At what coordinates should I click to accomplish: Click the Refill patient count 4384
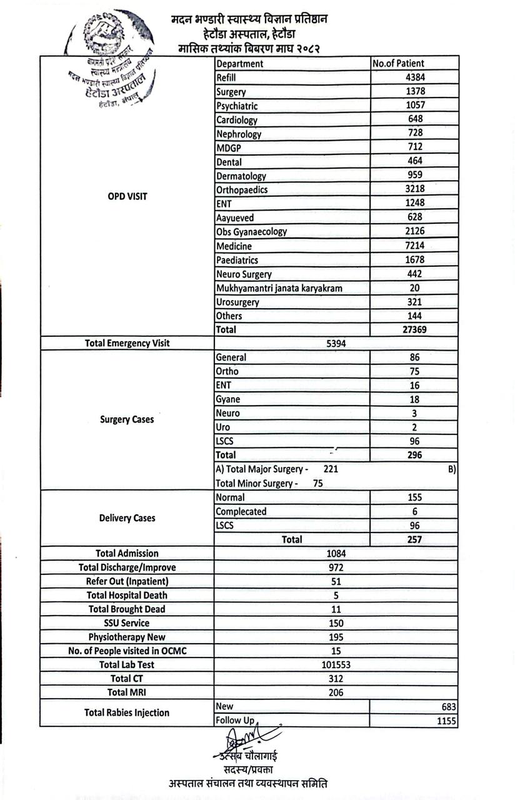coord(415,77)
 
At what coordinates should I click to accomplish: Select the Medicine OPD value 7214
coord(415,246)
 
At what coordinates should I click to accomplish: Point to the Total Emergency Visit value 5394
coord(336,343)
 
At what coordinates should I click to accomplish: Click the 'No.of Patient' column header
coord(398,63)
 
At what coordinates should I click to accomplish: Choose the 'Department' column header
coord(240,63)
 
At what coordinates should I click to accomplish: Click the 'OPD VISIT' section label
coord(127,196)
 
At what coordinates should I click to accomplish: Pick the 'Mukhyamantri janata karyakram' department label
coord(279,288)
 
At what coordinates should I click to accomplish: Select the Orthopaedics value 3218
coord(415,189)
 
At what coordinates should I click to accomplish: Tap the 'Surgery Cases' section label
coord(127,419)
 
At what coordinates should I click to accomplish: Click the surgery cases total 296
coord(414,455)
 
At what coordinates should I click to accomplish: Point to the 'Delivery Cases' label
coord(127,518)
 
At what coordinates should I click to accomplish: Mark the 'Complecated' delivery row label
coord(241,511)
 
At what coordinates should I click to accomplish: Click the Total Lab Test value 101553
coord(336,664)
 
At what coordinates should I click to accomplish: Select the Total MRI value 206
coord(336,692)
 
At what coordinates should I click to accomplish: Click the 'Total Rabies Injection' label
coord(127,712)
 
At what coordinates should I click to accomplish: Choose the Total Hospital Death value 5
coord(336,595)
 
